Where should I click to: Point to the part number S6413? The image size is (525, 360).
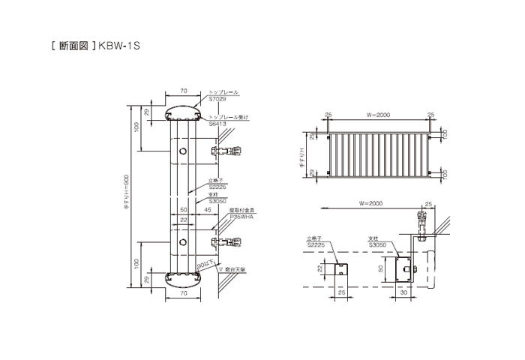[218, 124]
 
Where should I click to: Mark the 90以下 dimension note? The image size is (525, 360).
[203, 265]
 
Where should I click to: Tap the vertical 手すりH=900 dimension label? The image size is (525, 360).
[127, 196]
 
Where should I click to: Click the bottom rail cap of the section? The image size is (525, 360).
[183, 280]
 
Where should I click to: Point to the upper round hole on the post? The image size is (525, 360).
[183, 153]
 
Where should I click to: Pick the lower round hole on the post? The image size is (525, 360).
[183, 241]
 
